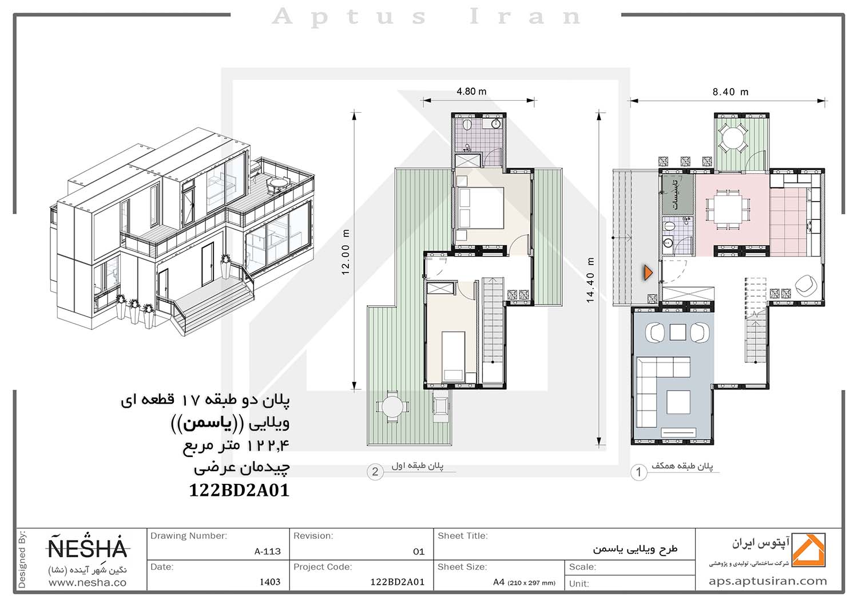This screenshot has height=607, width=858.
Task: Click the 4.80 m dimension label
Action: [x=471, y=92]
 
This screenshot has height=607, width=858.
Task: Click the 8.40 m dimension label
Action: [x=730, y=92]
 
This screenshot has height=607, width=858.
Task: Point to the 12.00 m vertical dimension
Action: [x=345, y=252]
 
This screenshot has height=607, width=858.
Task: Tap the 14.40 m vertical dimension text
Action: [x=590, y=280]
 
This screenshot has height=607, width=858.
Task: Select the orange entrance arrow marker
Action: [x=648, y=273]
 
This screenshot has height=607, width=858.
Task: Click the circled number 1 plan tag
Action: [x=638, y=472]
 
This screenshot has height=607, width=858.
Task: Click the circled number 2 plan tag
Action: [x=375, y=471]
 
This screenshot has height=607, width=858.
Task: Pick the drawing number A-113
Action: [x=267, y=551]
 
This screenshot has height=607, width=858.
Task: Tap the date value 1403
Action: [x=270, y=582]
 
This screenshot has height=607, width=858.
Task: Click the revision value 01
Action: [x=419, y=552]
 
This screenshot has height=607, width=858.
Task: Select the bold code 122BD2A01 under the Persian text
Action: [x=239, y=490]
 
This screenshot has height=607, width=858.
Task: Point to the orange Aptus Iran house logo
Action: [x=808, y=550]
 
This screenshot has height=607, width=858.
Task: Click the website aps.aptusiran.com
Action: [x=768, y=581]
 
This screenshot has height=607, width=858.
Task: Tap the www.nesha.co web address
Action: [x=88, y=582]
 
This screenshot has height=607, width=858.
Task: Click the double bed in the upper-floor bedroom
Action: [x=480, y=209]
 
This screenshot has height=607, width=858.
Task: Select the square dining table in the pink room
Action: [x=728, y=210]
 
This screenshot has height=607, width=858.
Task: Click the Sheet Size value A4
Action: [x=499, y=582]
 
